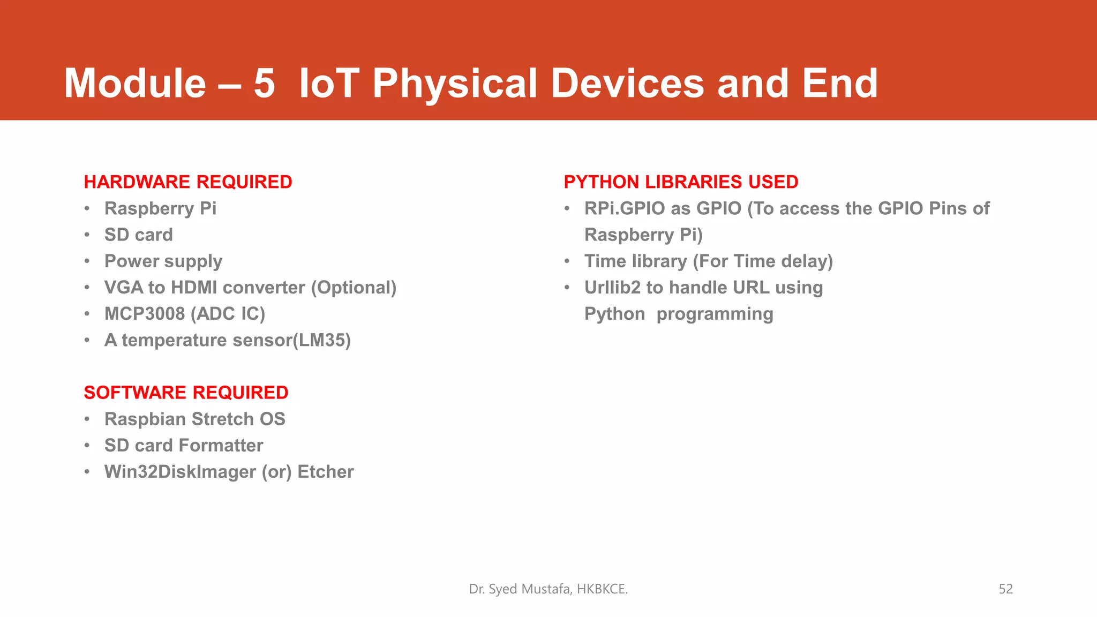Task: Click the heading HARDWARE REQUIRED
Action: tap(188, 182)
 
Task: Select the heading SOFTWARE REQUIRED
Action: tap(186, 393)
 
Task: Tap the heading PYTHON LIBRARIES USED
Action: tap(681, 182)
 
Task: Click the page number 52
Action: tap(1005, 589)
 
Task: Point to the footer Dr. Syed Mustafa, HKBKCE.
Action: tap(548, 589)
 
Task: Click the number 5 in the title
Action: tap(264, 84)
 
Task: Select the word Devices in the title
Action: tap(627, 84)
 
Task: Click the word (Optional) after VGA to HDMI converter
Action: tap(354, 288)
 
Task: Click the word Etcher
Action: tap(325, 472)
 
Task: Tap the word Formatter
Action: tap(221, 446)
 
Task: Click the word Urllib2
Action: tap(612, 288)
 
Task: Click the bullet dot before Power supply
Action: tap(87, 261)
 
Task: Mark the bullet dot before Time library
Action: tap(567, 261)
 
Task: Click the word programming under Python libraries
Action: tap(715, 314)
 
